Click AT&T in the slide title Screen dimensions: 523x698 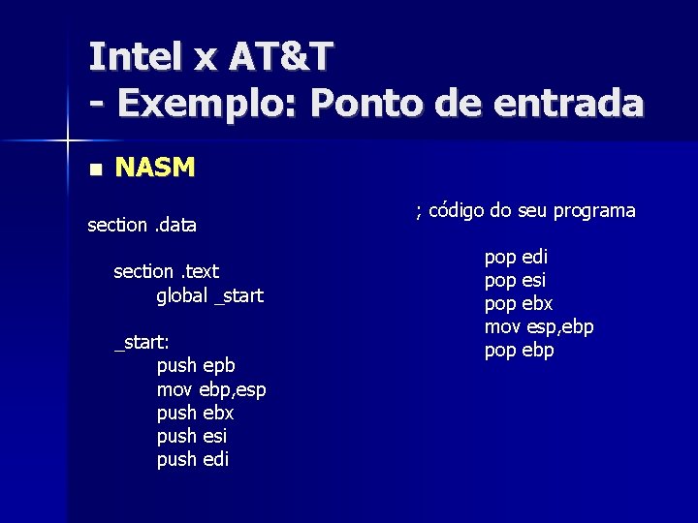pos(281,57)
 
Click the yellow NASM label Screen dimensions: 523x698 pos(155,169)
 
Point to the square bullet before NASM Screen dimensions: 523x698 pos(94,169)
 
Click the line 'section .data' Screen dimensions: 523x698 pos(142,226)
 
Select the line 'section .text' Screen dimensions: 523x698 pos(166,272)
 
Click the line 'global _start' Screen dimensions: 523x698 pos(209,295)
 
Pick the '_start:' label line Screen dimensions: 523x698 pos(143,342)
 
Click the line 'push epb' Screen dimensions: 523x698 pos(196,366)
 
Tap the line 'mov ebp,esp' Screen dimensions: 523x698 pos(211,389)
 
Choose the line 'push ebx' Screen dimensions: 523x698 pos(195,413)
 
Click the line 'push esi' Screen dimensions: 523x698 pos(192,436)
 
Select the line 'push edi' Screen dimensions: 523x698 pos(193,459)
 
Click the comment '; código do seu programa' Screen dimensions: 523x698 pos(525,210)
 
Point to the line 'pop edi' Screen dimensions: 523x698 pos(516,258)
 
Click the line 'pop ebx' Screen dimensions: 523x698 pos(518,304)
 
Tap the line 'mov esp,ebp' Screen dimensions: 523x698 pos(539,327)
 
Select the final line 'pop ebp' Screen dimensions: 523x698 pos(519,351)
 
